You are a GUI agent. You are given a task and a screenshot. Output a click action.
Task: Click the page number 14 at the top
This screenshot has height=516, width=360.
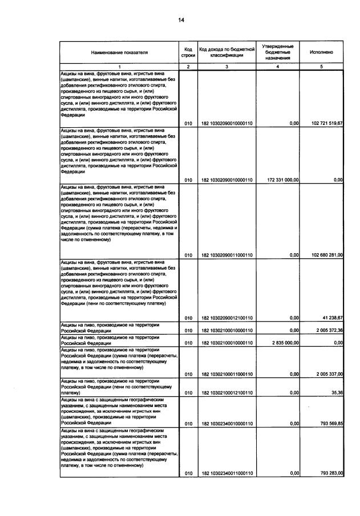tap(180, 20)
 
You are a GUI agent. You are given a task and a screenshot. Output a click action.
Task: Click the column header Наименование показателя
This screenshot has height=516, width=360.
tap(119, 52)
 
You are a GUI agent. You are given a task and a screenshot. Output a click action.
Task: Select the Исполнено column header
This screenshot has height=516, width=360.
tap(322, 52)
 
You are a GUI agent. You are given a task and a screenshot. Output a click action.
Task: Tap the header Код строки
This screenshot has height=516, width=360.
tap(189, 52)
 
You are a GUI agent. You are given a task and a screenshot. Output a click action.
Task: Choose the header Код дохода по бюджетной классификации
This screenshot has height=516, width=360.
tap(226, 52)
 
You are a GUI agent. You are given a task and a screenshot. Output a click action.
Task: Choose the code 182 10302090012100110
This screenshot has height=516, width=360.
tap(226, 318)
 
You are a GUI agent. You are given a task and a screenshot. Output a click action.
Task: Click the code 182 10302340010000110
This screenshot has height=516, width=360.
tap(226, 424)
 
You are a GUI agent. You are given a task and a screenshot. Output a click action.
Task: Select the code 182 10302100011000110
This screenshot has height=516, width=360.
tap(226, 374)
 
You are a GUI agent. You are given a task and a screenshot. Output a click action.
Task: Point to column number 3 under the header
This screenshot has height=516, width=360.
tap(226, 67)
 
